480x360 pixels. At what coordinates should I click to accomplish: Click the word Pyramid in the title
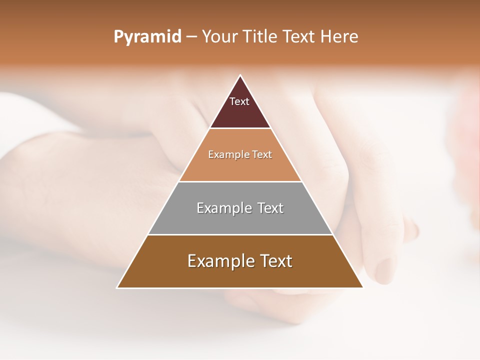pyautogui.click(x=147, y=37)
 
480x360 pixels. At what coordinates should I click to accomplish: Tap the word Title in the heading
pyautogui.click(x=262, y=36)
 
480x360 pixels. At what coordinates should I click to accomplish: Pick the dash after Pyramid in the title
pyautogui.click(x=191, y=37)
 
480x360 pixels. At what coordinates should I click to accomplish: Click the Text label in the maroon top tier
pyautogui.click(x=239, y=101)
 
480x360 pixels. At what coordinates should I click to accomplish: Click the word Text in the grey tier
pyautogui.click(x=270, y=208)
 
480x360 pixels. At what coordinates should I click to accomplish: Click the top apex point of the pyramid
pyautogui.click(x=240, y=75)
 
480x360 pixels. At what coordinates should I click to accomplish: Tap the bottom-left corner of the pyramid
pyautogui.click(x=117, y=287)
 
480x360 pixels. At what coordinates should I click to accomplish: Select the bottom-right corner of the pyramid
pyautogui.click(x=362, y=287)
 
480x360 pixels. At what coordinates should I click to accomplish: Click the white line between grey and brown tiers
pyautogui.click(x=240, y=234)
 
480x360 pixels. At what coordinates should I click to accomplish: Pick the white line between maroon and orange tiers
pyautogui.click(x=240, y=128)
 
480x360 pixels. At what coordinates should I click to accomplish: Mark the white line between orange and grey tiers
pyautogui.click(x=240, y=181)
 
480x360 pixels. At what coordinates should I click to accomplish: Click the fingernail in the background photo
pyautogui.click(x=385, y=270)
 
